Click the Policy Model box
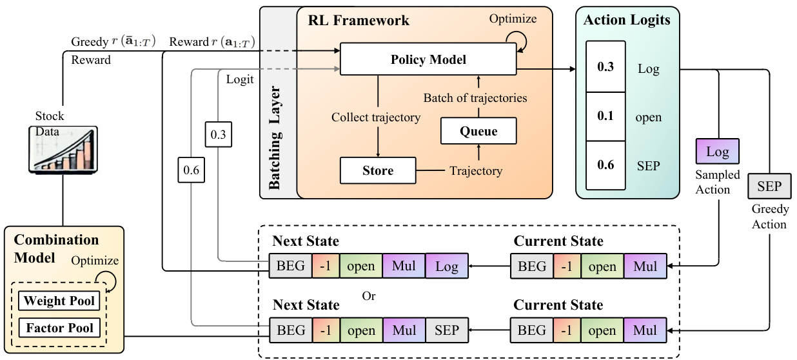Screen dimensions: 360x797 point(428,60)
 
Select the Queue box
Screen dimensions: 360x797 point(478,131)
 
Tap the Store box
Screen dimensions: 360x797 point(377,170)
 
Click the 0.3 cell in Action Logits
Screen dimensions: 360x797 point(605,67)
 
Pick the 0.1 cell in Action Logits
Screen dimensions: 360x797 point(605,116)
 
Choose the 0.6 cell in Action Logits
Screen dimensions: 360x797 point(605,165)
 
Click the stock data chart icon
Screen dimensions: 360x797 point(63,148)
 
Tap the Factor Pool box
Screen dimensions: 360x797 point(60,328)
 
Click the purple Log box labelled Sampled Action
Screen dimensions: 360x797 point(717,153)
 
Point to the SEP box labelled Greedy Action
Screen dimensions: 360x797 point(769,186)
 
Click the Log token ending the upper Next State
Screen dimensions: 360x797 point(446,266)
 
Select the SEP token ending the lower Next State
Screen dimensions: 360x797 point(446,330)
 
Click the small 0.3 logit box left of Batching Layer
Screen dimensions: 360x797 point(218,135)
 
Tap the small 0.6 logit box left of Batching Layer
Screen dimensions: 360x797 point(191,172)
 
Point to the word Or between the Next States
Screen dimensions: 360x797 point(368,296)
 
